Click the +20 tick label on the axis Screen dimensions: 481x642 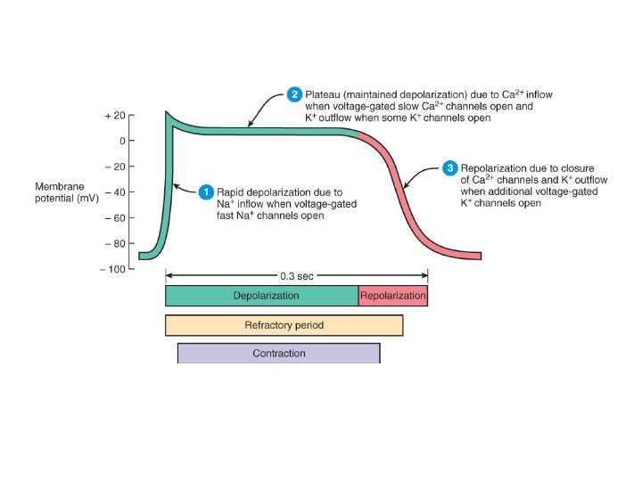click(x=115, y=116)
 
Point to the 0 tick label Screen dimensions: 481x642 click(x=122, y=141)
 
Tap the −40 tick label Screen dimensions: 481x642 click(x=114, y=192)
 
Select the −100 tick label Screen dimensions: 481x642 click(x=111, y=269)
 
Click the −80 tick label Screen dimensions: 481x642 click(x=114, y=243)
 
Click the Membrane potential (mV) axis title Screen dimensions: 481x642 click(x=66, y=192)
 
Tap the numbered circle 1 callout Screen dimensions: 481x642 click(x=206, y=192)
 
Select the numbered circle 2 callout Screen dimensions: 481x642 click(x=294, y=94)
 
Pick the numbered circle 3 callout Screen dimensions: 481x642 click(x=450, y=167)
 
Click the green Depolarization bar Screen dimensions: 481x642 click(x=262, y=296)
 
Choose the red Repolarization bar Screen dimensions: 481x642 click(x=392, y=296)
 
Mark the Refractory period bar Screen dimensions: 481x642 click(x=284, y=325)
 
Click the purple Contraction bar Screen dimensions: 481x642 click(x=278, y=354)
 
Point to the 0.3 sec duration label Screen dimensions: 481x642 click(x=296, y=276)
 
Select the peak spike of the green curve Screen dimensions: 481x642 click(x=167, y=114)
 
